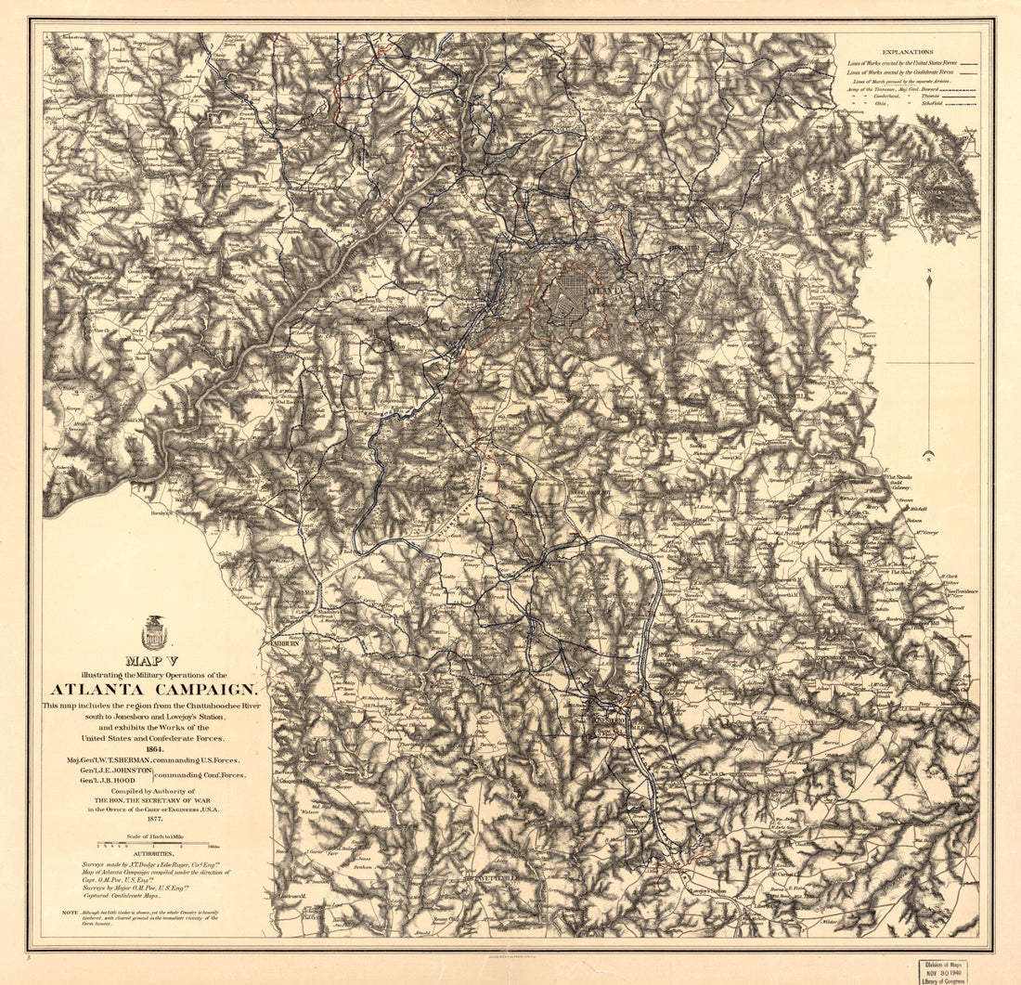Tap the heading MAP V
point(153,660)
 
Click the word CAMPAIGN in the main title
point(202,689)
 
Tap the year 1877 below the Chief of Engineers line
point(153,820)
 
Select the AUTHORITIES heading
point(153,854)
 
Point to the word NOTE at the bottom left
point(70,913)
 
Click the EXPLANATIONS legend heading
point(908,53)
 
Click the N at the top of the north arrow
point(929,271)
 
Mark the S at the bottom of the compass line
point(929,455)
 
